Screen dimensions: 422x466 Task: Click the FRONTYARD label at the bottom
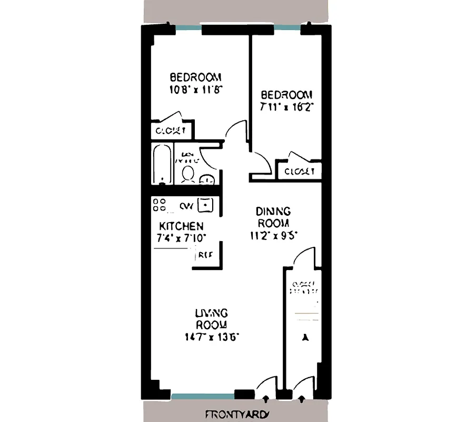[236, 414]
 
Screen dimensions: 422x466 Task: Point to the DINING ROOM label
[273, 217]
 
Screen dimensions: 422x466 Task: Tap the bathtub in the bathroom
[161, 164]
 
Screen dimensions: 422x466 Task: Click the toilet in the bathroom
[188, 174]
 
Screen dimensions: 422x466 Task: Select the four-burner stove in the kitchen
[160, 205]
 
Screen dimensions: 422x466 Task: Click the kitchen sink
[205, 204]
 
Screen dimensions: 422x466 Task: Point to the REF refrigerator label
[205, 256]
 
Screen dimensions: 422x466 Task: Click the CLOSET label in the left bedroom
[170, 130]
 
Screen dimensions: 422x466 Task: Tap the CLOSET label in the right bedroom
[299, 171]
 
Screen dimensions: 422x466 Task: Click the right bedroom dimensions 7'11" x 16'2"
[287, 107]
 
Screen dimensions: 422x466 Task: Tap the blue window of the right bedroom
[287, 27]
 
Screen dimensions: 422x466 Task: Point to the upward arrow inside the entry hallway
[304, 337]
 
